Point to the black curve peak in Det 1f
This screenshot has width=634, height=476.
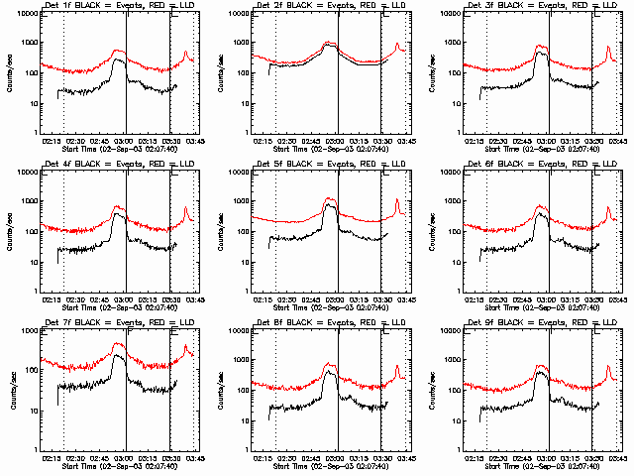pos(120,60)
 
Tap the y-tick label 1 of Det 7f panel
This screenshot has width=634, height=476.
pos(35,448)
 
